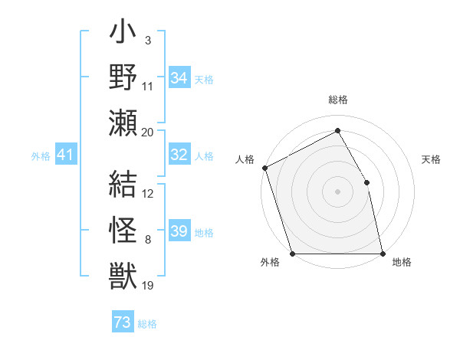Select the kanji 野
pos(123,77)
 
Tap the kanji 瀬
pos(123,123)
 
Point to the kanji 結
pos(123,185)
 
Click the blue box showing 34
pos(179,78)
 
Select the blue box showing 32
pos(179,155)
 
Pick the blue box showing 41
pos(65,155)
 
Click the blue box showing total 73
pos(123,322)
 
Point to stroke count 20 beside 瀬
pos(148,132)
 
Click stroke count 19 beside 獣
pos(148,286)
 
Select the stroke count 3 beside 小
pos(147,40)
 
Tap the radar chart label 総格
pos(337,100)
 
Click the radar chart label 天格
pos(432,159)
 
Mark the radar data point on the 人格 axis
pos(264,168)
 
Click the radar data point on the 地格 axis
pos(383,254)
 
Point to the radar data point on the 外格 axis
pos(292,254)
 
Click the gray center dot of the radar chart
pos(337,191)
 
